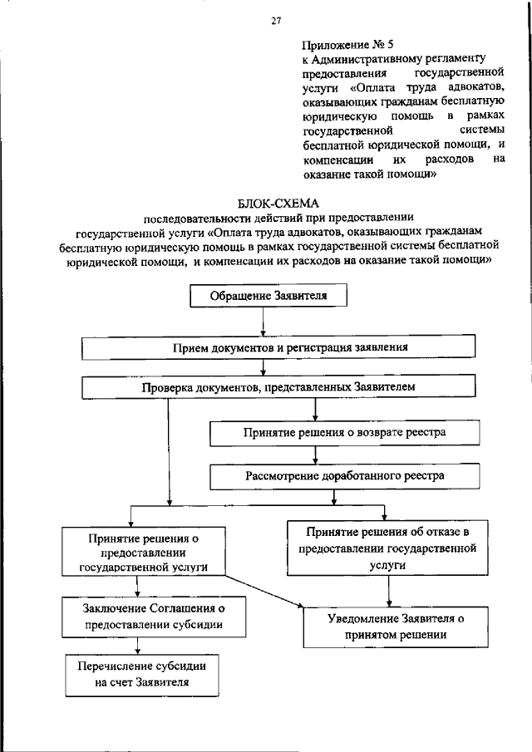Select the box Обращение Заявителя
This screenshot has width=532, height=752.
click(264, 297)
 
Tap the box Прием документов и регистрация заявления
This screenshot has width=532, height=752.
click(278, 347)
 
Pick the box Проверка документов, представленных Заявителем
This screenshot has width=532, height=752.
click(278, 387)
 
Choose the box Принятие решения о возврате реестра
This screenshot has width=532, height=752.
click(345, 433)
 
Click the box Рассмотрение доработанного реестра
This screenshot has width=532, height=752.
click(345, 476)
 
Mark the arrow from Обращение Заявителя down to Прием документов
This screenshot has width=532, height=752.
click(264, 322)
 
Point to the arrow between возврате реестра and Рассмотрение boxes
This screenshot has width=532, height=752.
click(314, 455)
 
